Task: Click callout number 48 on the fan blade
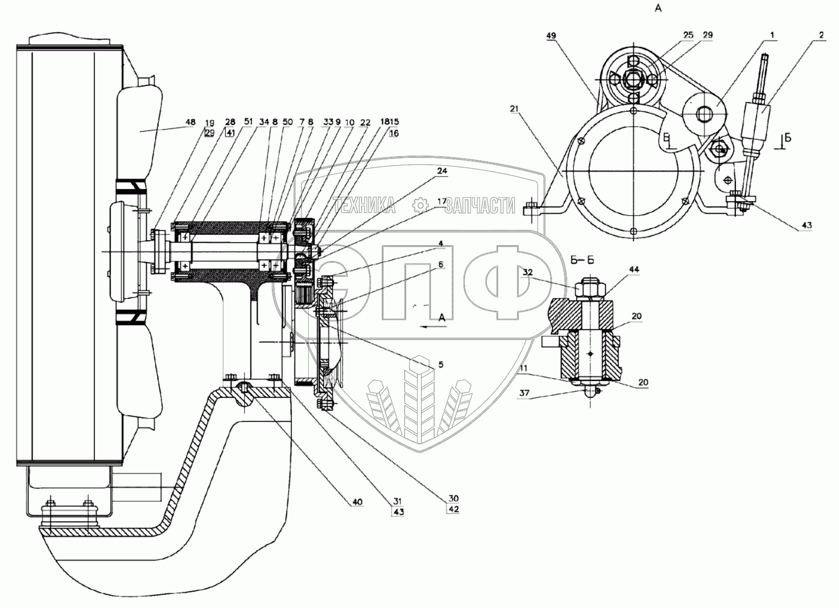[189, 122]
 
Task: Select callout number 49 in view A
[551, 36]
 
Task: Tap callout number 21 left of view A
[514, 109]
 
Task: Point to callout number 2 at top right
[821, 35]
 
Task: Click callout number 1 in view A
[772, 35]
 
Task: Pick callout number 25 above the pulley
[688, 35]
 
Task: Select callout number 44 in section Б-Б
[633, 270]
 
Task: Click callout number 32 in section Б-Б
[528, 272]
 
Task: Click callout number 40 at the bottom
[357, 502]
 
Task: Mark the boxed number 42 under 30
[453, 509]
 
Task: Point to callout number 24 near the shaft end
[442, 171]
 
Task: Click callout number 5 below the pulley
[441, 364]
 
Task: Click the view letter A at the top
[657, 9]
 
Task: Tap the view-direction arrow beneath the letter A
[433, 327]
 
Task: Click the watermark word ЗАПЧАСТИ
[479, 206]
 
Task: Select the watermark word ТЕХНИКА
[364, 206]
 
